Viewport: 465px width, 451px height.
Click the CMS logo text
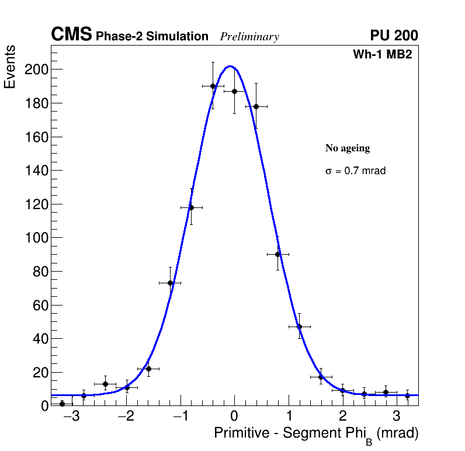pyautogui.click(x=71, y=35)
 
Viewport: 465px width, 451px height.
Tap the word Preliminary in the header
pyautogui.click(x=249, y=37)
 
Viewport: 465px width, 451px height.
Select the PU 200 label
pyautogui.click(x=394, y=36)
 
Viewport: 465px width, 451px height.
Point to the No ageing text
pyautogui.click(x=348, y=148)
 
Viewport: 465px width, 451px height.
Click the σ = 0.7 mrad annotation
pyautogui.click(x=355, y=171)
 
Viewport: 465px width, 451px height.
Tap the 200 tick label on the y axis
pyautogui.click(x=36, y=70)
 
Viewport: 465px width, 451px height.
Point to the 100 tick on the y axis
pyautogui.click(x=36, y=238)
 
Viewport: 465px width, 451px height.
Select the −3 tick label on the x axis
pyautogui.click(x=72, y=417)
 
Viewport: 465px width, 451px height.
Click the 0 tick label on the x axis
pyautogui.click(x=234, y=417)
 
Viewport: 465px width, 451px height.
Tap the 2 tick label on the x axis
pyautogui.click(x=342, y=417)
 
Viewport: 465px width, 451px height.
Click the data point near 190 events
pyautogui.click(x=213, y=86)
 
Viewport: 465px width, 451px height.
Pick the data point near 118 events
pyautogui.click(x=191, y=207)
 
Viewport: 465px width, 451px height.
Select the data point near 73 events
pyautogui.click(x=170, y=283)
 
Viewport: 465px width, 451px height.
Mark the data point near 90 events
pyautogui.click(x=278, y=254)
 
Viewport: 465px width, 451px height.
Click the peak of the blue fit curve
pyautogui.click(x=230, y=66)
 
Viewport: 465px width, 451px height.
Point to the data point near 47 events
pyautogui.click(x=299, y=327)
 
